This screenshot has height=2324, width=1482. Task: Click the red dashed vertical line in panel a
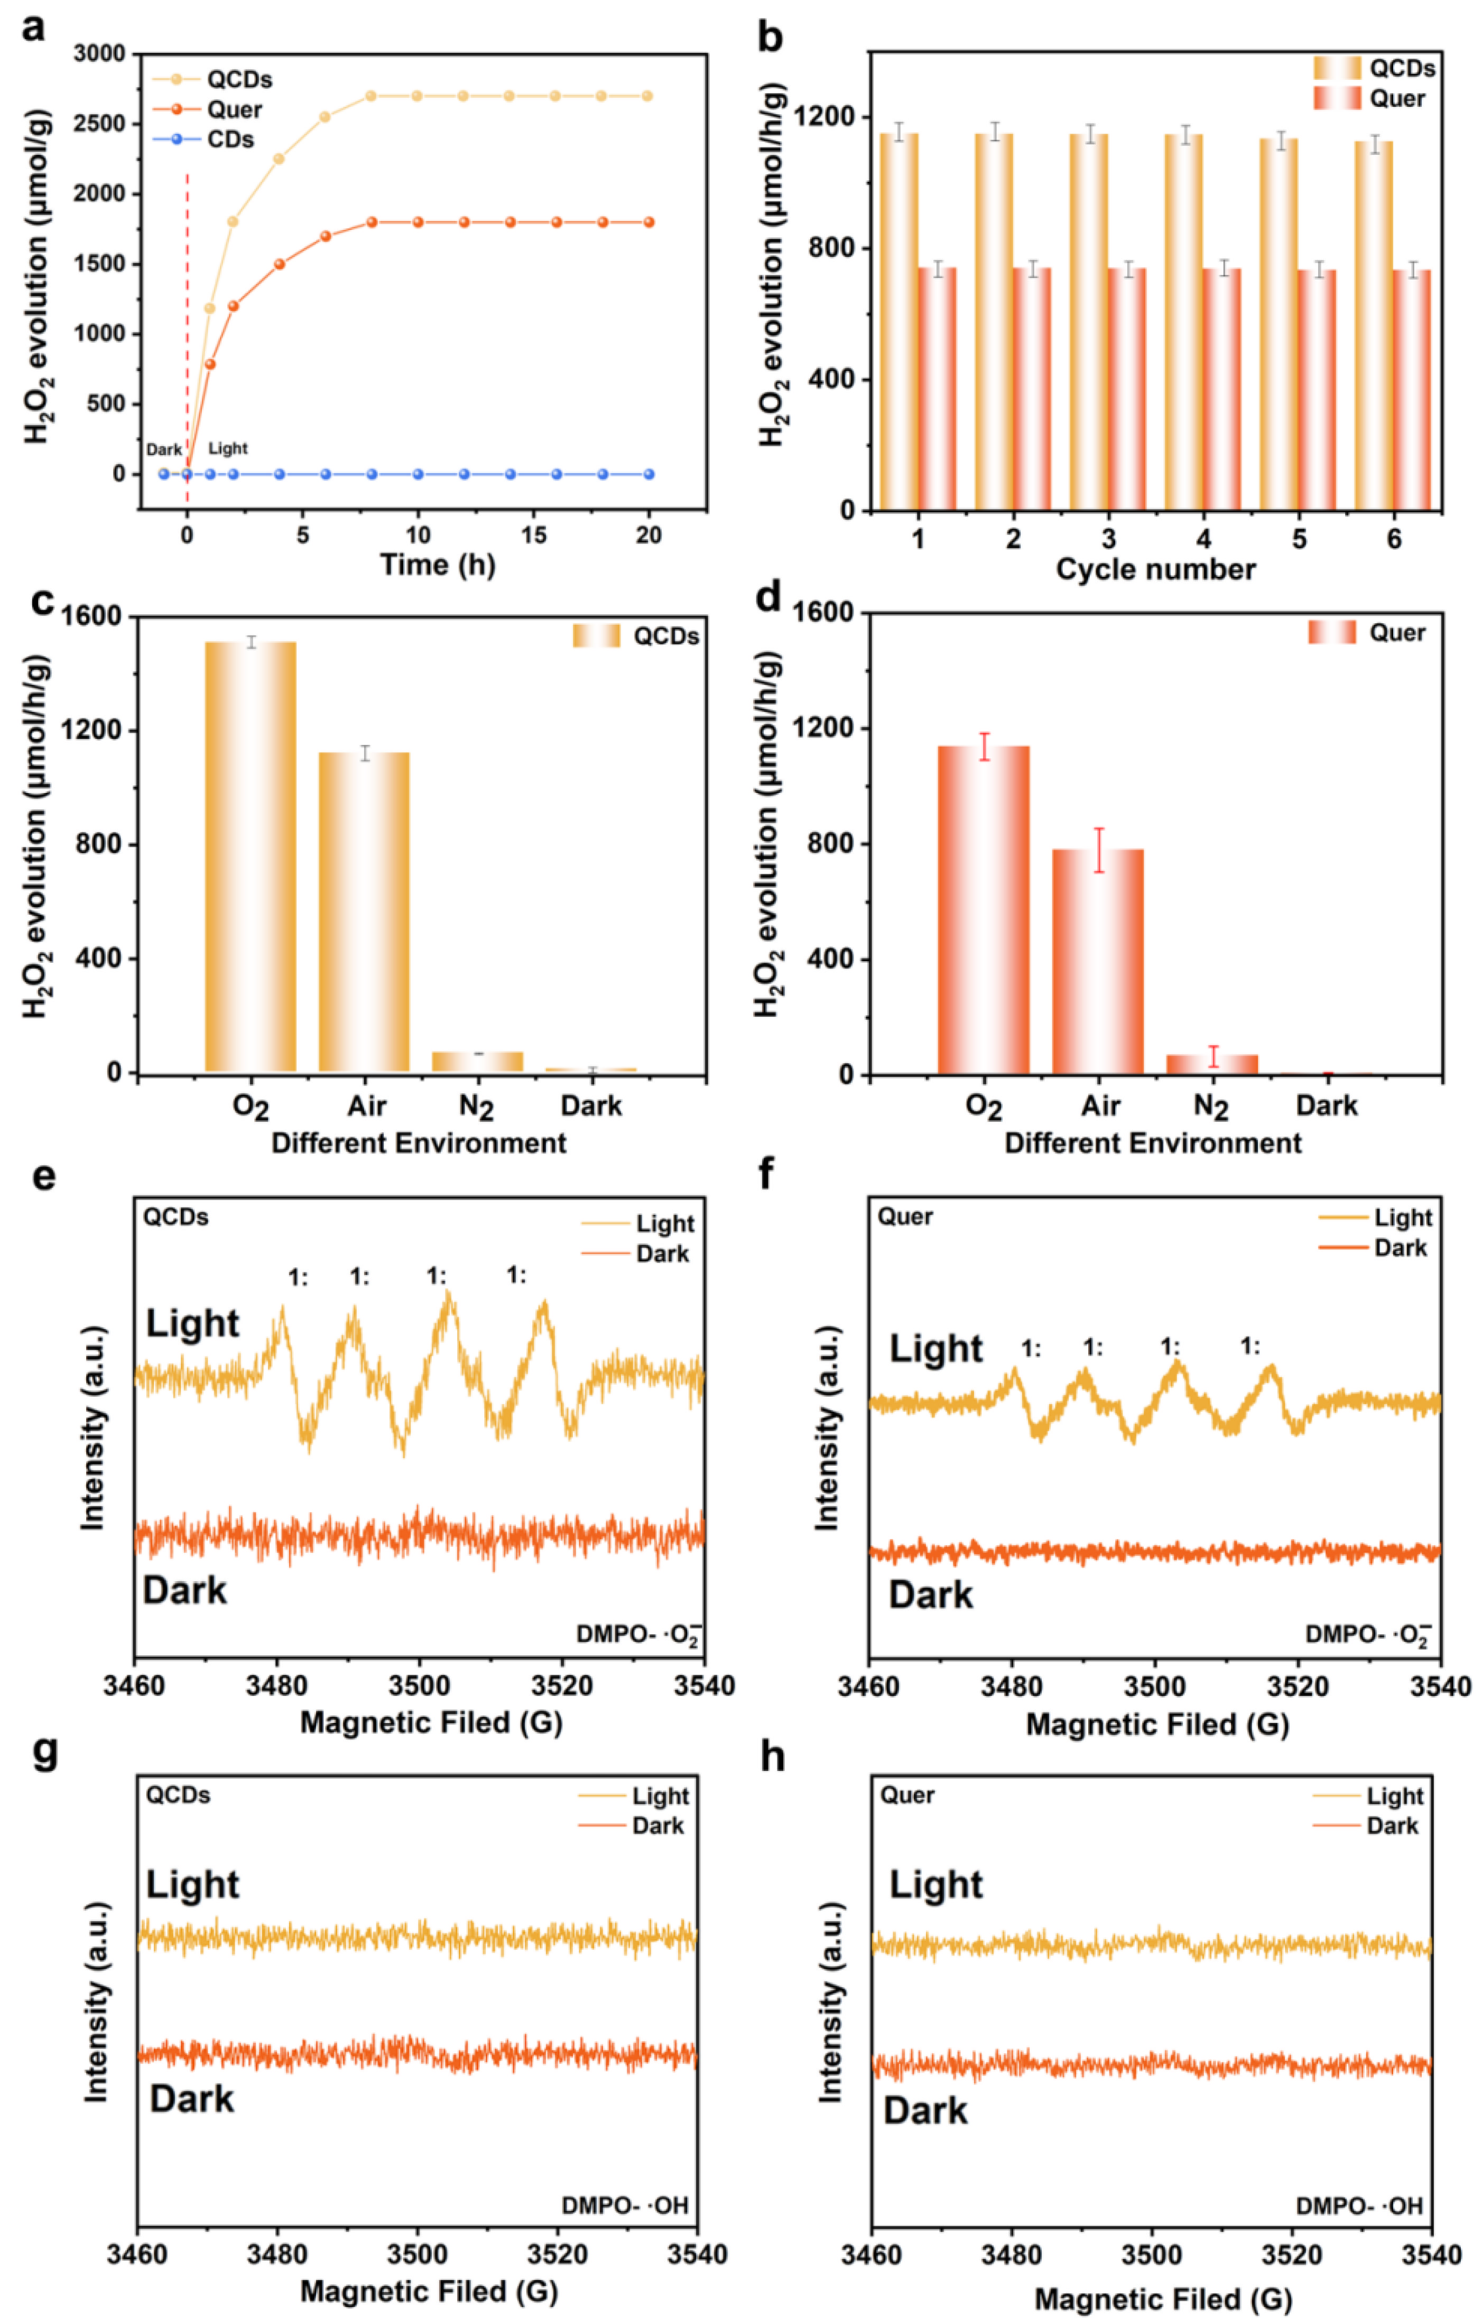pyautogui.click(x=187, y=290)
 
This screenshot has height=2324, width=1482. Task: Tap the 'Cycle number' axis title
pyautogui.click(x=1155, y=569)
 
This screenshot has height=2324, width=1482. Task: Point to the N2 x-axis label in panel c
pyautogui.click(x=477, y=1107)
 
